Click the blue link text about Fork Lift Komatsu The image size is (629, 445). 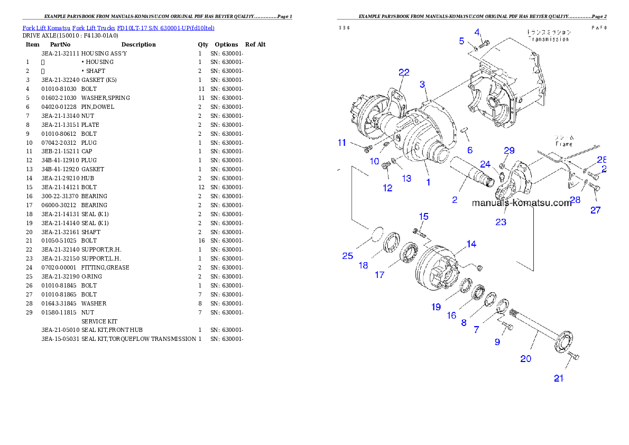coord(118,27)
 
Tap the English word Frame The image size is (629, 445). coord(563,144)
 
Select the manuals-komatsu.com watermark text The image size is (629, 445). coord(521,203)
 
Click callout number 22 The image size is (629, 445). coord(404,72)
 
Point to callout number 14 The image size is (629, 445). coord(471,244)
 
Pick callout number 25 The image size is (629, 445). coord(347,256)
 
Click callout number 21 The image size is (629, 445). coord(559,378)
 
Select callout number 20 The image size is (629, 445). coord(525,358)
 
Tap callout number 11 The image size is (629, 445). coord(342,142)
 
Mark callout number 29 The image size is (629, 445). coord(509,151)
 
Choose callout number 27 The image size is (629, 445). coord(596,210)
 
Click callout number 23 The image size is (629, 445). coord(501,222)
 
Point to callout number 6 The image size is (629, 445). coord(469,150)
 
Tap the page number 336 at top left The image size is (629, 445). coord(344,28)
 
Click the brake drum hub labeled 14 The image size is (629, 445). coord(436,270)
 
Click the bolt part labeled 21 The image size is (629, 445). coord(573,359)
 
